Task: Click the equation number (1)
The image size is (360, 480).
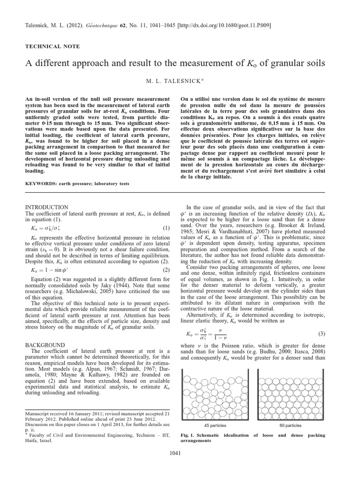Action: point(166,228)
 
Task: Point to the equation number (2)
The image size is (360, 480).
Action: point(166,270)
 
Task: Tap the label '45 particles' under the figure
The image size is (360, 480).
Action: point(216,425)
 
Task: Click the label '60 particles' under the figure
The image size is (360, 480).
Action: point(290,425)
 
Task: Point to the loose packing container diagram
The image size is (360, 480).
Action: point(216,392)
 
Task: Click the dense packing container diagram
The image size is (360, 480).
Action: point(290,392)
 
